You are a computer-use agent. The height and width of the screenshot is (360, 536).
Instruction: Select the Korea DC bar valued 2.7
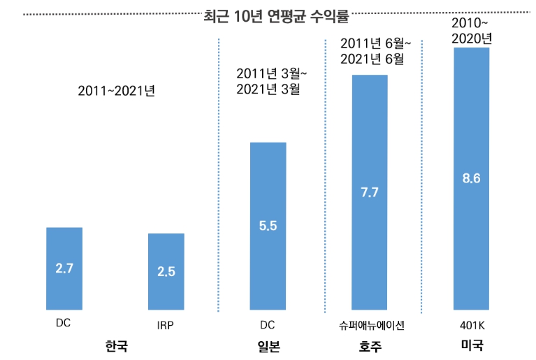click(x=64, y=268)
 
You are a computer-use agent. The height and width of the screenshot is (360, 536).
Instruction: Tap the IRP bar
click(x=166, y=271)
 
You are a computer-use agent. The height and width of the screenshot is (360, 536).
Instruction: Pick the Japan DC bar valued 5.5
click(x=268, y=226)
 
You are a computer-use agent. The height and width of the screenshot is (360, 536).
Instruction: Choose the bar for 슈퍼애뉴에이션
click(x=370, y=192)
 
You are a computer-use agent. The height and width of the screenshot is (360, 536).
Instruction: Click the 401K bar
click(x=471, y=178)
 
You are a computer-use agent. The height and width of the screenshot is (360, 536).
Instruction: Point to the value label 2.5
click(x=166, y=272)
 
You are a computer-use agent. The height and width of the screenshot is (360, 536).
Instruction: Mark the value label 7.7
click(x=370, y=192)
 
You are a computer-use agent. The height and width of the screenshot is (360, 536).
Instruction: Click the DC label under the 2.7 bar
click(x=64, y=324)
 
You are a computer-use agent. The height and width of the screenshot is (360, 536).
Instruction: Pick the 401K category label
click(x=471, y=325)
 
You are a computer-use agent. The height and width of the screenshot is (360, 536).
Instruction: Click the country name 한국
click(x=117, y=346)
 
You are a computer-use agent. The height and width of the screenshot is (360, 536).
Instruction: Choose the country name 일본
click(x=268, y=346)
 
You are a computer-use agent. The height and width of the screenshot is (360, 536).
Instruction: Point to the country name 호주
click(x=370, y=346)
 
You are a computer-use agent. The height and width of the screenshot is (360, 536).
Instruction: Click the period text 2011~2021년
click(x=116, y=92)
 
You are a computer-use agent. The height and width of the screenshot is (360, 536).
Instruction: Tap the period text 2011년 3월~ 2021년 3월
click(x=271, y=80)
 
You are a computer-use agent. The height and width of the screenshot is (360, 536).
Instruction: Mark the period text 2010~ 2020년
click(x=471, y=31)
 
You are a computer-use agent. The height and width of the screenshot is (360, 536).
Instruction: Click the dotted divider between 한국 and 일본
click(x=218, y=175)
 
